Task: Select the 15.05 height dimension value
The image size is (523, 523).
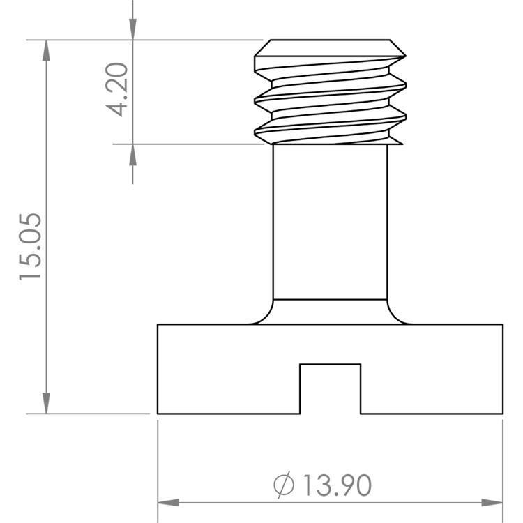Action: [31, 247]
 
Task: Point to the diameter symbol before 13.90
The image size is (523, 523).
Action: [284, 485]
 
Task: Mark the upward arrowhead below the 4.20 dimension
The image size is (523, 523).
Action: [132, 154]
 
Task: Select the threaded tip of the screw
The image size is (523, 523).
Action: [330, 94]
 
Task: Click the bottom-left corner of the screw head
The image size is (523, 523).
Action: [158, 414]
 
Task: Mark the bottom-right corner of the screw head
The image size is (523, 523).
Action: [503, 414]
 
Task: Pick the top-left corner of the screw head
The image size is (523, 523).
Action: [158, 324]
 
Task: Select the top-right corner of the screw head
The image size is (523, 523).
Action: [503, 324]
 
